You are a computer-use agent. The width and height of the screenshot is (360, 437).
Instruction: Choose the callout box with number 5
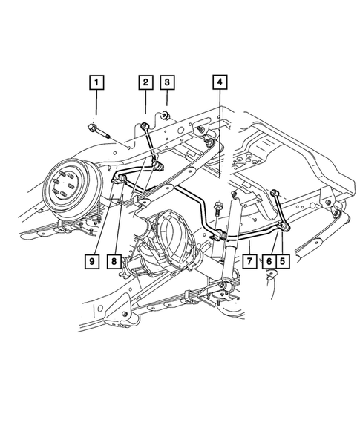(x=283, y=261)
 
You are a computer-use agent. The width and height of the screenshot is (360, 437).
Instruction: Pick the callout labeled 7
(x=250, y=261)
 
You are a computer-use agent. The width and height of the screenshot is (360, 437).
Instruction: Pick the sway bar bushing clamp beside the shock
(x=222, y=236)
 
